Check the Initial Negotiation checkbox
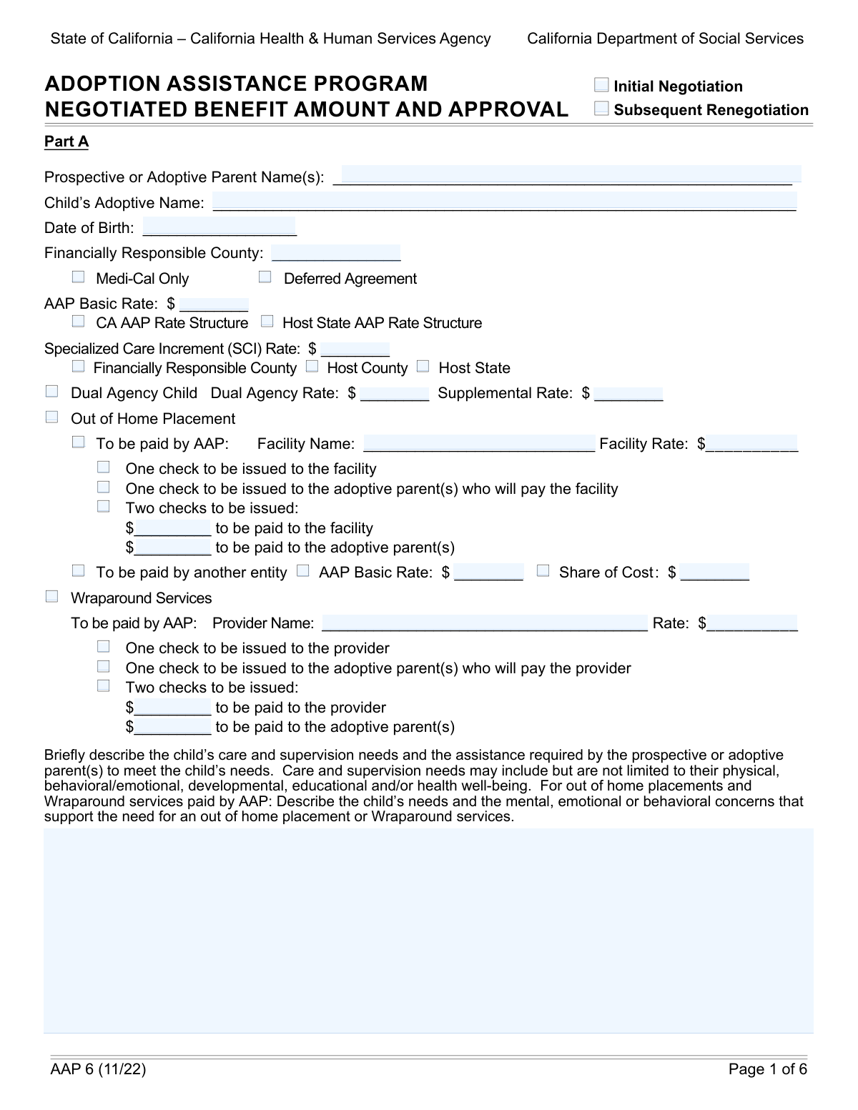[601, 86]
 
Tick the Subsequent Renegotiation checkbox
[601, 109]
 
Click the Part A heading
[66, 142]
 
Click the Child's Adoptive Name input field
[504, 202]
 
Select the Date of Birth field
[219, 227]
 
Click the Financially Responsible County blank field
[336, 252]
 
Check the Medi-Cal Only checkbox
[79, 277]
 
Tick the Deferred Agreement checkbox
[265, 277]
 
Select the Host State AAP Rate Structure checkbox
[267, 322]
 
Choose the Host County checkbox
[312, 367]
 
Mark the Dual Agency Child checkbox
[51, 392]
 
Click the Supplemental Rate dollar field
[628, 392]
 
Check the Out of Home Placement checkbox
[51, 417]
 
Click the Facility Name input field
[479, 443]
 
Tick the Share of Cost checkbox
[543, 571]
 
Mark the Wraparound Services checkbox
[51, 597]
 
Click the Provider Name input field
[485, 623]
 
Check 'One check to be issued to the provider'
[104, 647]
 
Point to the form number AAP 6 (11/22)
[98, 1069]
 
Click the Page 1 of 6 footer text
[767, 1069]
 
